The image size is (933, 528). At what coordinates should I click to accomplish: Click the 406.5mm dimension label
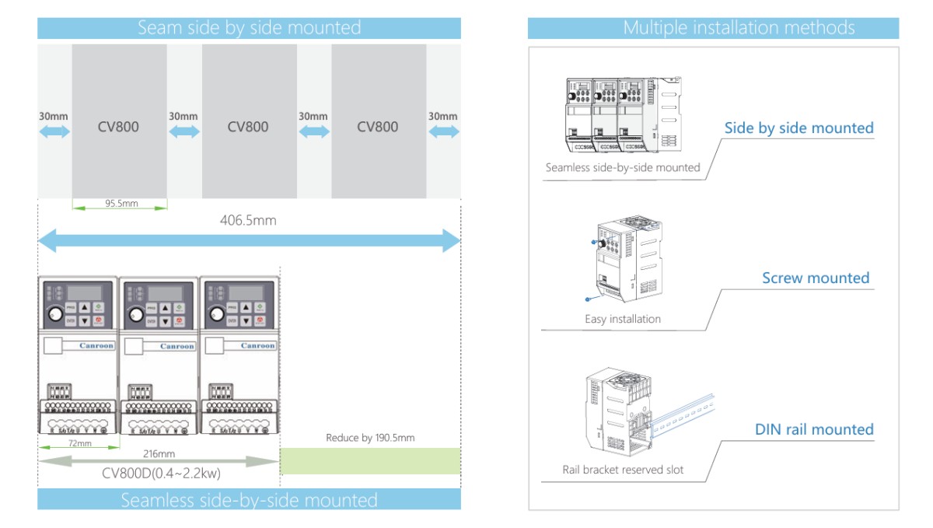coord(248,221)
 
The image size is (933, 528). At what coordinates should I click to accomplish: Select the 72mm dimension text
coord(79,443)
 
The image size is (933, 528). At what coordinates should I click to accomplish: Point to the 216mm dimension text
coord(159,453)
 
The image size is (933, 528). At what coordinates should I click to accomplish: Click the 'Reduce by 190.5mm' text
coord(370,438)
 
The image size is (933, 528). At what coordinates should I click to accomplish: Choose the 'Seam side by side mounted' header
coord(249,28)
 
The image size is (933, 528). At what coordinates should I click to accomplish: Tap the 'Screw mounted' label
coord(816,278)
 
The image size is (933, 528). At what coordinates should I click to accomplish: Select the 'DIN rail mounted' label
coord(814,429)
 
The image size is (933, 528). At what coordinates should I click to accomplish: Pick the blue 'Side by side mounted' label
coord(798,128)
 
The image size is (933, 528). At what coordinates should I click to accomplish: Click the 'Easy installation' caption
coord(623,319)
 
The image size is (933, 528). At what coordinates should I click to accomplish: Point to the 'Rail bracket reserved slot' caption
coord(623,470)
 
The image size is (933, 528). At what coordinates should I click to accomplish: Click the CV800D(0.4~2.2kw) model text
coord(159,473)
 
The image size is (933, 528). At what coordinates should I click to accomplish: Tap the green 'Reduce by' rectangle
coord(370,461)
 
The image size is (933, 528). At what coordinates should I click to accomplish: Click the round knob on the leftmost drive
coord(56,314)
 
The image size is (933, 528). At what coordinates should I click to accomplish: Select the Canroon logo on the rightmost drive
coord(257,346)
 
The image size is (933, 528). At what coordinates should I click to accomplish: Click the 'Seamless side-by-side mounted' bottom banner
coord(249,500)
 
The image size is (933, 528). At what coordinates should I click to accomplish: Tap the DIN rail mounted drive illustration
coord(622,415)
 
